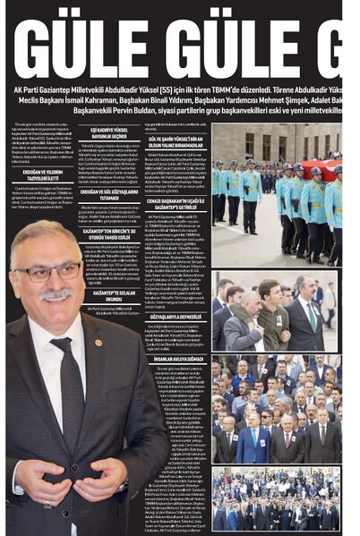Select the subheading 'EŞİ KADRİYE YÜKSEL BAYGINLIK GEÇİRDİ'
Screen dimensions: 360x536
(x=106, y=132)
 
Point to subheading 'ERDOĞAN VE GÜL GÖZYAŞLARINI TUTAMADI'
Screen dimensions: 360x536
(x=106, y=194)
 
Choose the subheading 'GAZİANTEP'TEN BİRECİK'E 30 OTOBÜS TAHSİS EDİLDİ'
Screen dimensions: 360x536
(x=106, y=233)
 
